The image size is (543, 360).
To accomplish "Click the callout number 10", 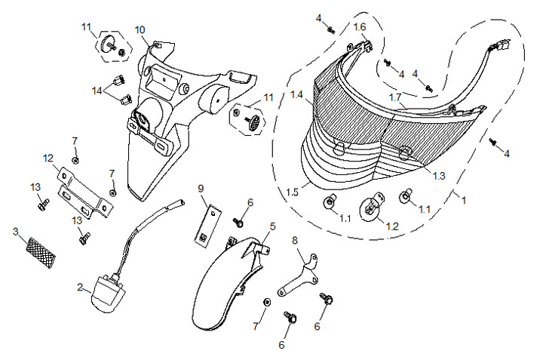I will point(140,29).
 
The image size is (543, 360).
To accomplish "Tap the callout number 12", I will point(48,158).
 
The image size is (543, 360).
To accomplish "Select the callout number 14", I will point(97,91).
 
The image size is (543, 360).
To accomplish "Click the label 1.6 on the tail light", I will point(360,26).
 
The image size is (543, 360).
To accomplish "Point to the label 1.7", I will point(395,98).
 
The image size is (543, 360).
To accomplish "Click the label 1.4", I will point(297,96).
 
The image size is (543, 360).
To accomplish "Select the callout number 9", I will point(201,187).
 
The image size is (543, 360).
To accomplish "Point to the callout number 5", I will point(273,225).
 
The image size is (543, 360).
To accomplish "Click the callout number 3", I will point(16,231).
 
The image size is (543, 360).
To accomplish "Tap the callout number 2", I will point(80,287).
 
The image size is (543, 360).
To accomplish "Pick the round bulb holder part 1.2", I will point(371,207).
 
